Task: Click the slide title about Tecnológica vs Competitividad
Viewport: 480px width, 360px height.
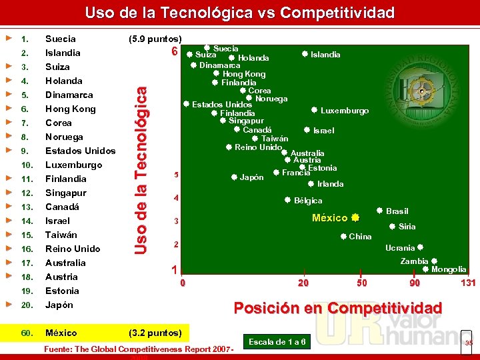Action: tap(240, 13)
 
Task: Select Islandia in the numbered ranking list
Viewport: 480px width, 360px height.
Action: tap(63, 53)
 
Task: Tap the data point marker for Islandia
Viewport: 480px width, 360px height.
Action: tap(304, 54)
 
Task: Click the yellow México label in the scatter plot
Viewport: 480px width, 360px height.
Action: tap(330, 218)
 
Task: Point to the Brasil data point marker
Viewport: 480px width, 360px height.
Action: tap(379, 211)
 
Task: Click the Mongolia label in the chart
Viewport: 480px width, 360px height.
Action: tap(449, 269)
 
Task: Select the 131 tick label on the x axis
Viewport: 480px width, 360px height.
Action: tap(469, 283)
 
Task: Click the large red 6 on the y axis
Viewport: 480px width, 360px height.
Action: tap(174, 52)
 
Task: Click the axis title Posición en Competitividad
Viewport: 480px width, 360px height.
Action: tap(337, 308)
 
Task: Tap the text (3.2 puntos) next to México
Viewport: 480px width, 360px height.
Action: tap(155, 333)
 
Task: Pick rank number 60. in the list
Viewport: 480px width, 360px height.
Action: tap(27, 333)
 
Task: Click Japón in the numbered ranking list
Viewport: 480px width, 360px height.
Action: tap(59, 305)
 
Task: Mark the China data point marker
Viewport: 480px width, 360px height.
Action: tap(343, 236)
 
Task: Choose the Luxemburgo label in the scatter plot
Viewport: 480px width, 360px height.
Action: tap(344, 111)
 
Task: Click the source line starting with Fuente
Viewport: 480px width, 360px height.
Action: tap(137, 349)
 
